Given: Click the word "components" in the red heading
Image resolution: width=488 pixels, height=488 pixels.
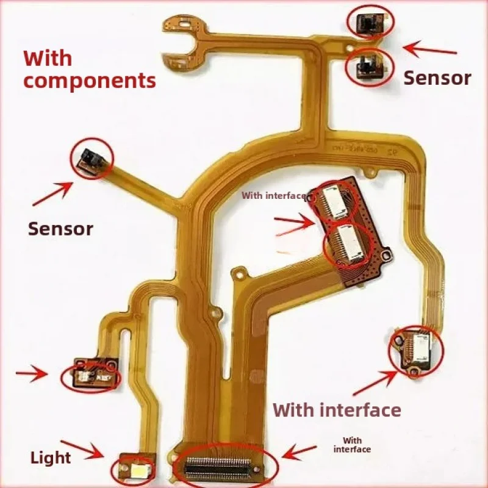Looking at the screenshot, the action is coord(90,80).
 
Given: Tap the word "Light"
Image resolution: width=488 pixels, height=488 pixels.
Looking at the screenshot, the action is coord(51,457).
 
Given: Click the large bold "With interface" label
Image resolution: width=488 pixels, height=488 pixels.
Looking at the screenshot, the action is coord(337,409).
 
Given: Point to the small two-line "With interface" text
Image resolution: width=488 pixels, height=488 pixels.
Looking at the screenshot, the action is coord(352,445).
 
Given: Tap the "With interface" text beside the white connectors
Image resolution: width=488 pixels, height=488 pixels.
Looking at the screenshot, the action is coord(273,196).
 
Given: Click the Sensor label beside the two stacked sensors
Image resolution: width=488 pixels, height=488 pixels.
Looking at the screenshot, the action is coord(437,78).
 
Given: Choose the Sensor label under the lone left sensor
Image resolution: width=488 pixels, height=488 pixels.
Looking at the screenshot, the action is coord(60,229).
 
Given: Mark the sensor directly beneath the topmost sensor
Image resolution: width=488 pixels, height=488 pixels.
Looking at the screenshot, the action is coord(368,65).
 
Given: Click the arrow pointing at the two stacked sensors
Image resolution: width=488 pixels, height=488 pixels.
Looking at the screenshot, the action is coord(430,48).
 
